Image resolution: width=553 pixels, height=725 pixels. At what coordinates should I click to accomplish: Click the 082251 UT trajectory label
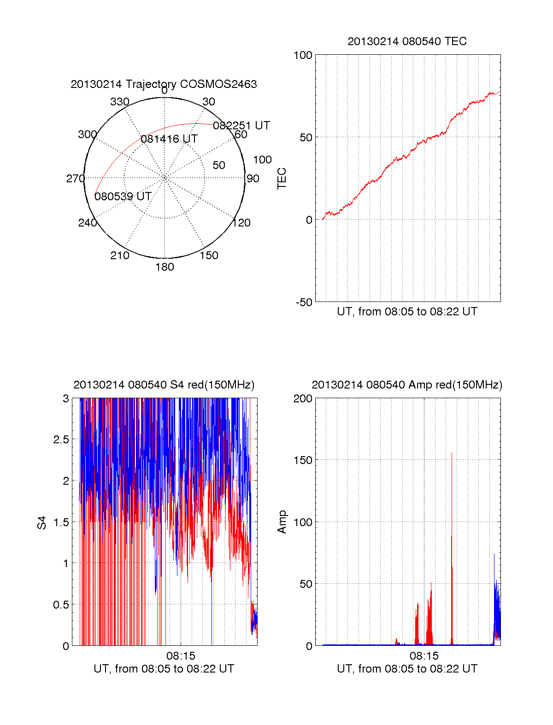point(241,126)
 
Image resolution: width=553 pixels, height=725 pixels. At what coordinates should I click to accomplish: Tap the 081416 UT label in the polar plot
point(169,139)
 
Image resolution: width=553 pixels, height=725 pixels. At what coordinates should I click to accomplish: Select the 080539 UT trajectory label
point(123,197)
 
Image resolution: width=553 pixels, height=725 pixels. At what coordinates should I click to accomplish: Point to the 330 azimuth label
point(119,102)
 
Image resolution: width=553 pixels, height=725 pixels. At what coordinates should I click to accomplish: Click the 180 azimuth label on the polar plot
point(165,267)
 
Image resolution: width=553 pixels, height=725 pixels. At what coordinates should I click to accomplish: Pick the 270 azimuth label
point(75,179)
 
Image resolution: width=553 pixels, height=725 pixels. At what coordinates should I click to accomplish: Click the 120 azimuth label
point(241,223)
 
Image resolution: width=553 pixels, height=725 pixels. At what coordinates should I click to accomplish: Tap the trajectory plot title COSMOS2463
point(164,84)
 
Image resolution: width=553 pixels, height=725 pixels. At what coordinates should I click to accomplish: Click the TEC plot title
point(407,41)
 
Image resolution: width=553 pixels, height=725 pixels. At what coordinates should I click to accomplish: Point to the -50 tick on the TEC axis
point(304,302)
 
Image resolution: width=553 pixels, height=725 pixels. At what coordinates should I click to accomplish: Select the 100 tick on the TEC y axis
point(303,55)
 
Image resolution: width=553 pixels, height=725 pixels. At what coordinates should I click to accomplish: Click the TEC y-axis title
point(282,179)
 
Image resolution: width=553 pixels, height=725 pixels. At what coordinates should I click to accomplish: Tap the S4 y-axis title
point(42,522)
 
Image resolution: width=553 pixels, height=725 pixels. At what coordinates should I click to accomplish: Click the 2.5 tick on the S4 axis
point(61,440)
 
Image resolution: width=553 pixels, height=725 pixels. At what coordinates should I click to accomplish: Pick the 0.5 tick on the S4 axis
point(61,605)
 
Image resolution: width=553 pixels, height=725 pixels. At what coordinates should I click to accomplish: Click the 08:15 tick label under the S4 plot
point(181,655)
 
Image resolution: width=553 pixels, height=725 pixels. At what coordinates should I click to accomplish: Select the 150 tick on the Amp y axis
point(303,460)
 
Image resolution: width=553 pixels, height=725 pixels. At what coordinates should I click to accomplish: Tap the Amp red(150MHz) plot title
point(407,385)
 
